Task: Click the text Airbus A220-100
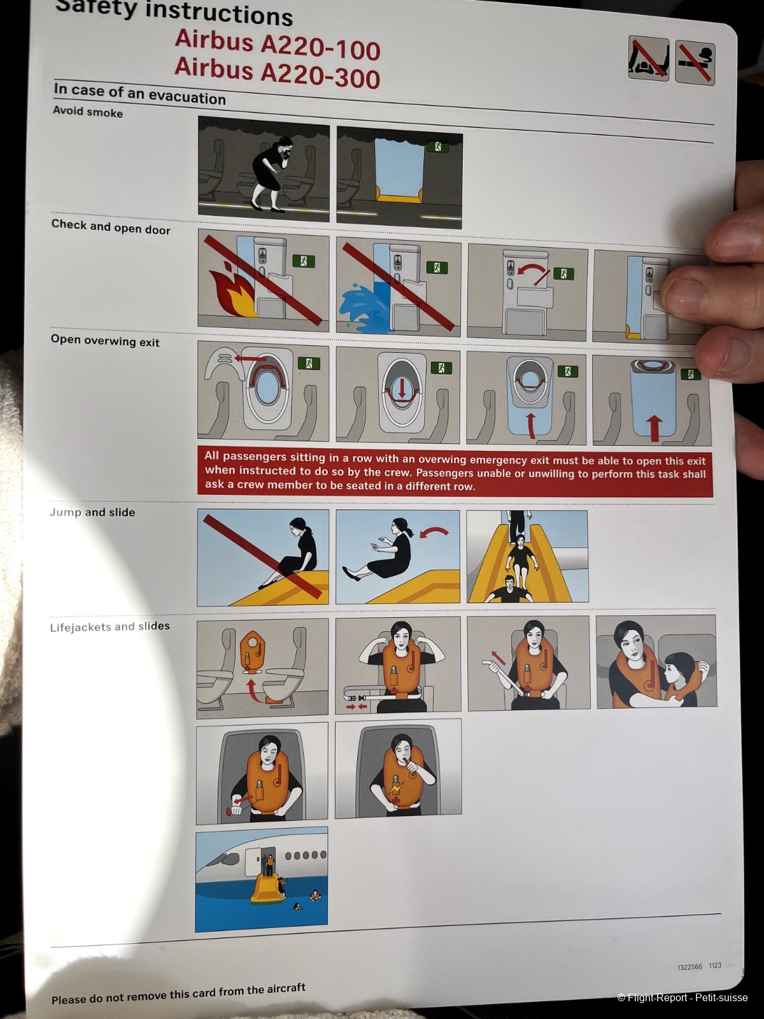pos(278,45)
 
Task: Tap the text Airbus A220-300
pos(278,73)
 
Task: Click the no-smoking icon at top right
pos(695,62)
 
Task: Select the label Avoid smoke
pos(88,112)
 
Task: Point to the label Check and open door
pos(111,227)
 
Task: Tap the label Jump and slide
pos(92,512)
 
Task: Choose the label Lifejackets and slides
pos(110,627)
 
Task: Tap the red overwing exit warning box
pos(455,472)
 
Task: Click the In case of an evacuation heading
pos(139,94)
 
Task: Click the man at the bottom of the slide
pos(510,590)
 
